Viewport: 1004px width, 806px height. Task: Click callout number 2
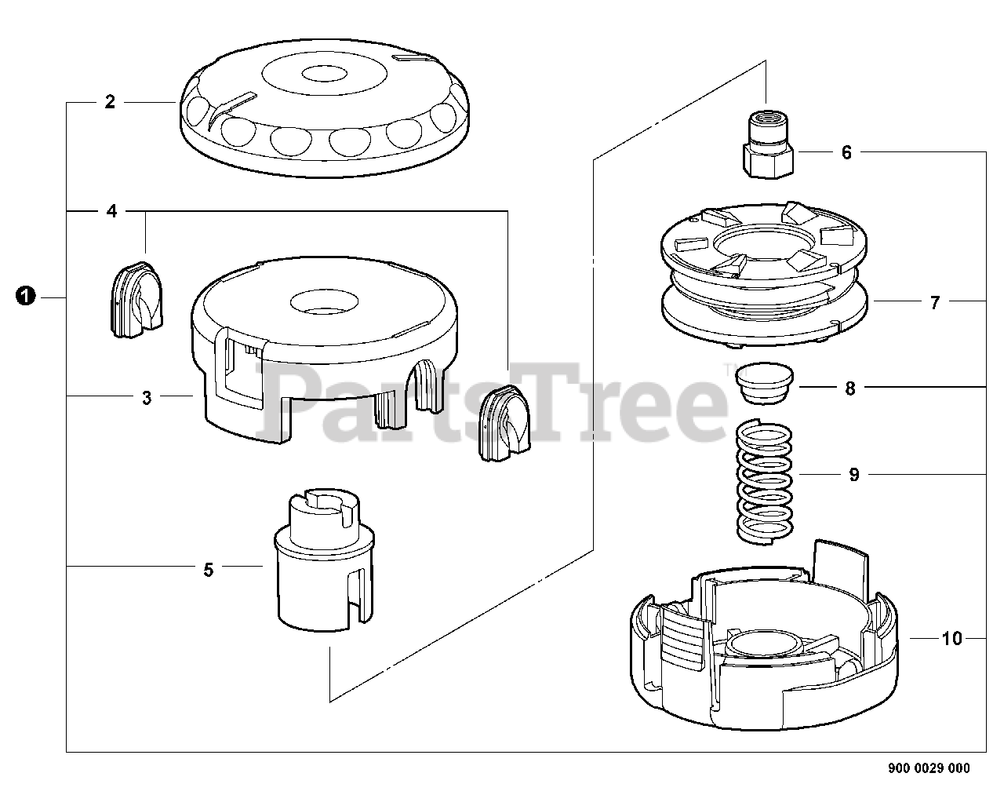click(110, 102)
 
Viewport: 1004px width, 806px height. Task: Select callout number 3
click(147, 398)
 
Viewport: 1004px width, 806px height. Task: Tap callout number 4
click(111, 211)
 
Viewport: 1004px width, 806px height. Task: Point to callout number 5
click(208, 570)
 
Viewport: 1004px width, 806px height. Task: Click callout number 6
click(846, 152)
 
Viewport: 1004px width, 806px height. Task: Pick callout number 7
click(934, 302)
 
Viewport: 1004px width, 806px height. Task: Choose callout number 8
click(850, 388)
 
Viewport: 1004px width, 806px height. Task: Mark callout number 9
click(854, 475)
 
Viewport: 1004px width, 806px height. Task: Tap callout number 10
click(951, 639)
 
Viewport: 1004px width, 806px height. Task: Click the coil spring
click(766, 481)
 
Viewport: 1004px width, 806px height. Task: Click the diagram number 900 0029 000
click(928, 768)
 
